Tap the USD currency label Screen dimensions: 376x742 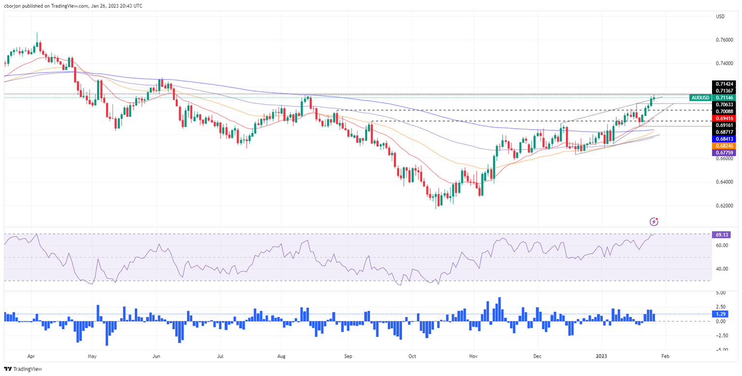coord(720,17)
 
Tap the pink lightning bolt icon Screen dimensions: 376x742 coord(654,222)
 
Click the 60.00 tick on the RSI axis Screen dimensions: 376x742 coord(722,246)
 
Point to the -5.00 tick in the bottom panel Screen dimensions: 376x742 coord(722,349)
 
